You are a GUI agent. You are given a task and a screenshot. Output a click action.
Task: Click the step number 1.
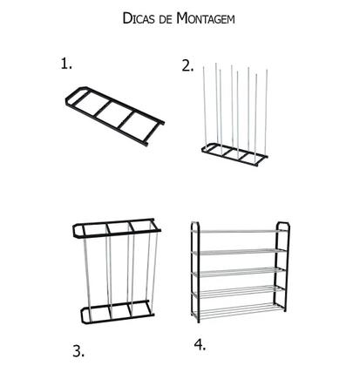pyautogui.click(x=66, y=63)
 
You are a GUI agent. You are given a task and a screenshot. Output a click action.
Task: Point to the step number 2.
pyautogui.click(x=187, y=64)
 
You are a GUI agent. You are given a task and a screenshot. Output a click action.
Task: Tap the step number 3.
pyautogui.click(x=78, y=351)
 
